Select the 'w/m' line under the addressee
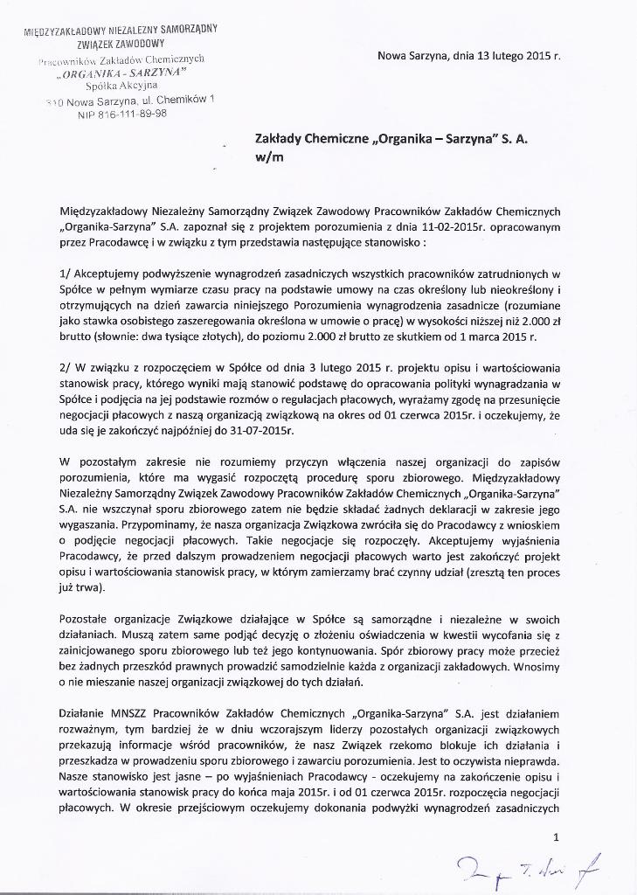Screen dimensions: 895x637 click(266, 159)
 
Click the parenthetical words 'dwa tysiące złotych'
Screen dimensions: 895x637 click(191, 336)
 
